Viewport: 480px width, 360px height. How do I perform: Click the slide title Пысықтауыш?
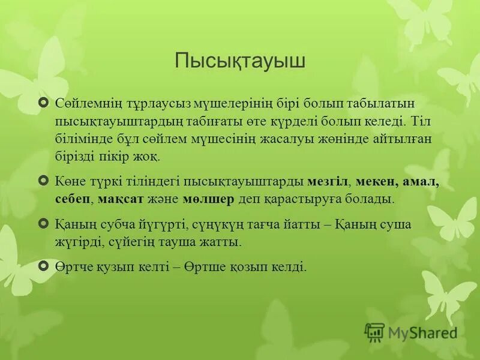tap(239, 61)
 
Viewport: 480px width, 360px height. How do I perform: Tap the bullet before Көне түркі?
tap(43, 180)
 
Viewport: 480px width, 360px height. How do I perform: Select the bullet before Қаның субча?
tap(43, 223)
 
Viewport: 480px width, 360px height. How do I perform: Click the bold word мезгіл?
tap(328, 181)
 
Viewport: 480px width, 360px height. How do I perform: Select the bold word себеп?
tap(72, 199)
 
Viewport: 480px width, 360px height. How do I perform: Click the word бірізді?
tap(74, 157)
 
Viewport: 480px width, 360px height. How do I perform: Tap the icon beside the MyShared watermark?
tap(374, 332)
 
